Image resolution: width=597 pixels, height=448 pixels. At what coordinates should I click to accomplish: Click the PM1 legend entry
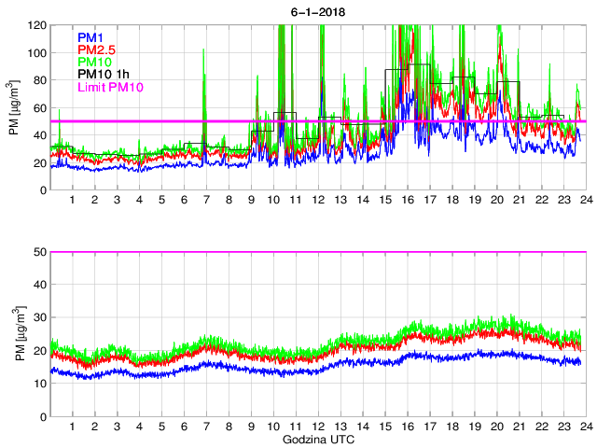[x=90, y=37]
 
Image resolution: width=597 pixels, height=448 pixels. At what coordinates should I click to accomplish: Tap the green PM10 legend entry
[x=95, y=63]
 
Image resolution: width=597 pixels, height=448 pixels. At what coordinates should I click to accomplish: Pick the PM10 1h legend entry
[x=103, y=75]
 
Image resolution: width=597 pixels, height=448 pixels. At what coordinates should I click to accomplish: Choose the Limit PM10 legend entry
[x=109, y=88]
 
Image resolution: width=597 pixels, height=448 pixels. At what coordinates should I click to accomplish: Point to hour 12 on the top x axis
[x=318, y=201]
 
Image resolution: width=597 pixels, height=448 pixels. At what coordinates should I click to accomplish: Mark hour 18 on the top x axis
[x=451, y=201]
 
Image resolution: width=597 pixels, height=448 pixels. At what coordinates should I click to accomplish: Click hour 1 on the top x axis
[x=73, y=201]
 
